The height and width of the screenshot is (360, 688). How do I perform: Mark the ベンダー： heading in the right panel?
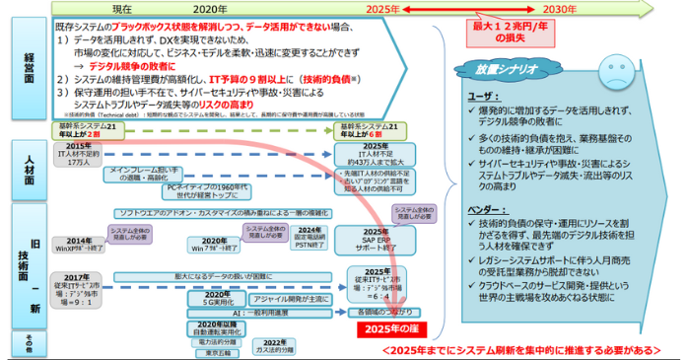(488, 213)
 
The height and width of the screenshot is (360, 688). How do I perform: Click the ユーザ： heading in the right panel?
(483, 98)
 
